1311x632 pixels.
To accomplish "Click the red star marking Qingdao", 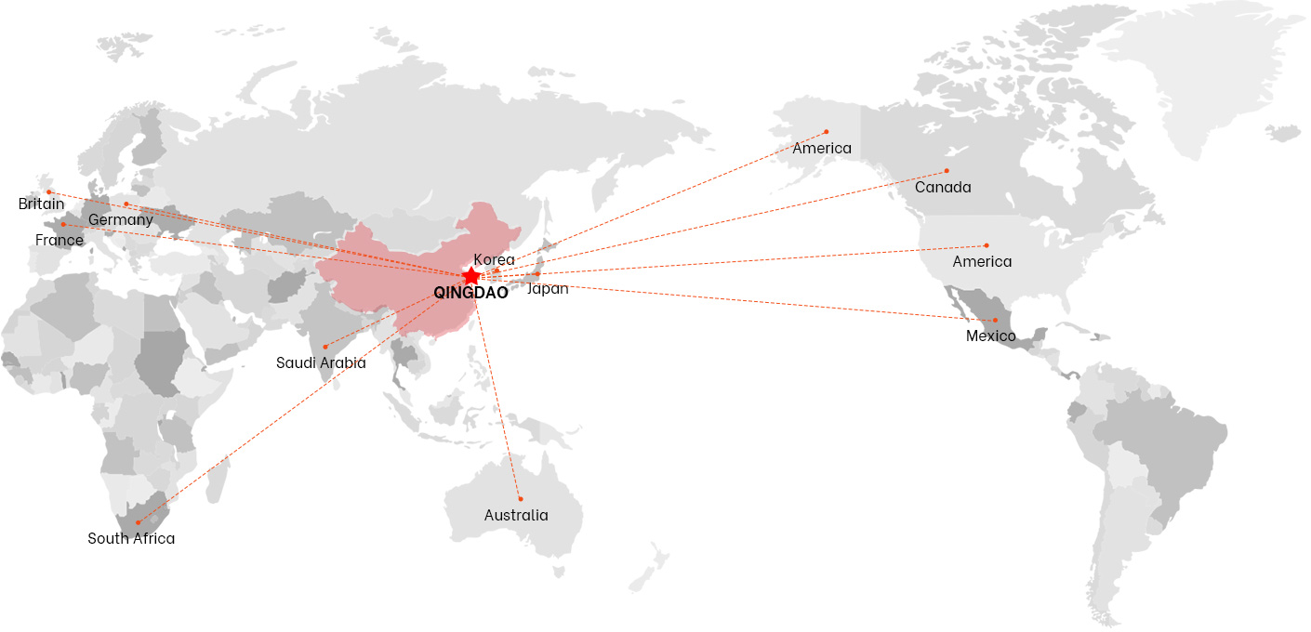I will (471, 276).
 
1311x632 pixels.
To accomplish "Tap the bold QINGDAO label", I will (470, 293).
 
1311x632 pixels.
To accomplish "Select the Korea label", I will (494, 259).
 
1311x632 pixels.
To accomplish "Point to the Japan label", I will (548, 288).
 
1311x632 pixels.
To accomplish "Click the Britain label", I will (42, 204).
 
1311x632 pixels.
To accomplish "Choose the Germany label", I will (121, 220).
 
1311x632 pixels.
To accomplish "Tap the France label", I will (60, 240).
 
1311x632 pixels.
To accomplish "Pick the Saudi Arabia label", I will (321, 362).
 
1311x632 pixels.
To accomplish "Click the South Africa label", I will (131, 538).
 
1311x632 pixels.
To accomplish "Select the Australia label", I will (516, 515).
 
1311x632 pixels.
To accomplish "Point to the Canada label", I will (943, 188).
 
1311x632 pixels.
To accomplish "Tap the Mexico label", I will (991, 336).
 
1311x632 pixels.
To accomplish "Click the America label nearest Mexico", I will (982, 261).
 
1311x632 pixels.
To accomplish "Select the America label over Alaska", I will (822, 148).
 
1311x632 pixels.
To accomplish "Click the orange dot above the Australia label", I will (521, 499).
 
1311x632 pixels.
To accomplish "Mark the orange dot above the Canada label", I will (947, 171).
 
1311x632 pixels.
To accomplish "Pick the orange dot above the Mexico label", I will (995, 321).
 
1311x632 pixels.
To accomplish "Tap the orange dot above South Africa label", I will (138, 522).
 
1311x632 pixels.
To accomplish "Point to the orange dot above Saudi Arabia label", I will (324, 347).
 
